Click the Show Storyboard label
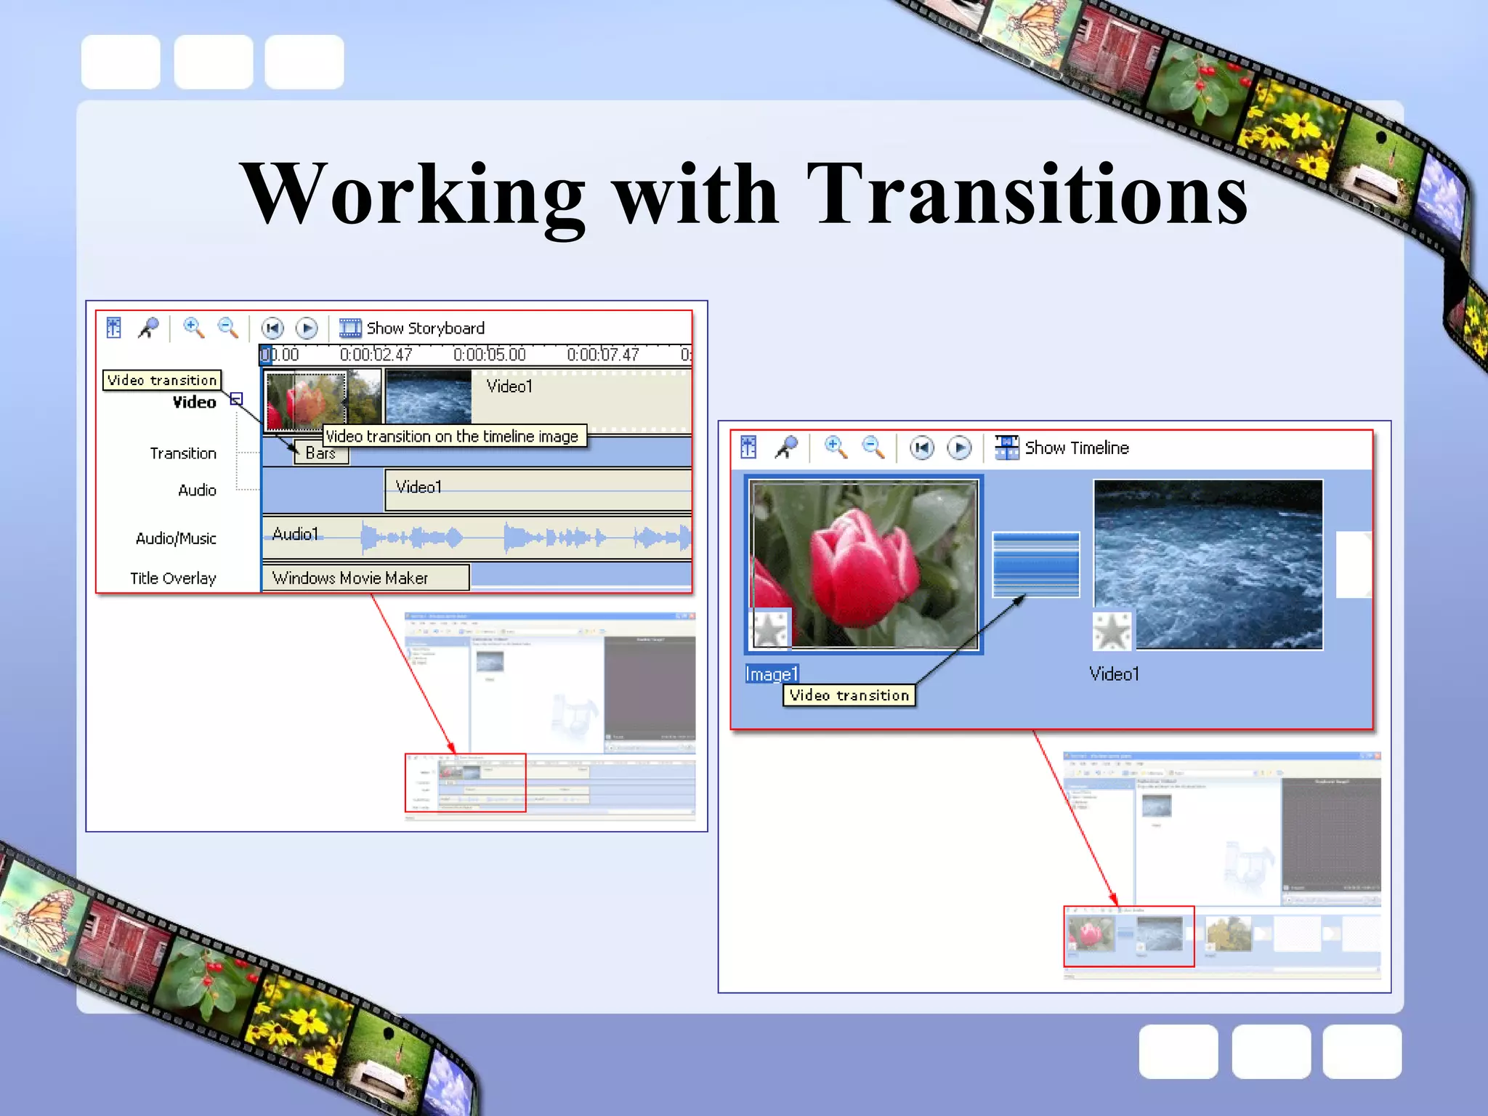425,328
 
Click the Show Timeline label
1077,448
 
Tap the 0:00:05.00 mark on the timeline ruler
489,355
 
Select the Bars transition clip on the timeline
320,453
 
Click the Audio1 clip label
295,535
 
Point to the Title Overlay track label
173,578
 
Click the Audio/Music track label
176,538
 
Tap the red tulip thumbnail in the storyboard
864,563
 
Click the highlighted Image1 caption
772,674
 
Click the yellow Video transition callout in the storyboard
849,695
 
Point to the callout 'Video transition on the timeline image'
452,436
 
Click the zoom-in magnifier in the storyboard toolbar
835,448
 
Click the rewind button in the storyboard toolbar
922,448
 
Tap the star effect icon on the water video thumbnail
1112,631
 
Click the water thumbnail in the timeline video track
428,397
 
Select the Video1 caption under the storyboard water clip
1114,674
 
